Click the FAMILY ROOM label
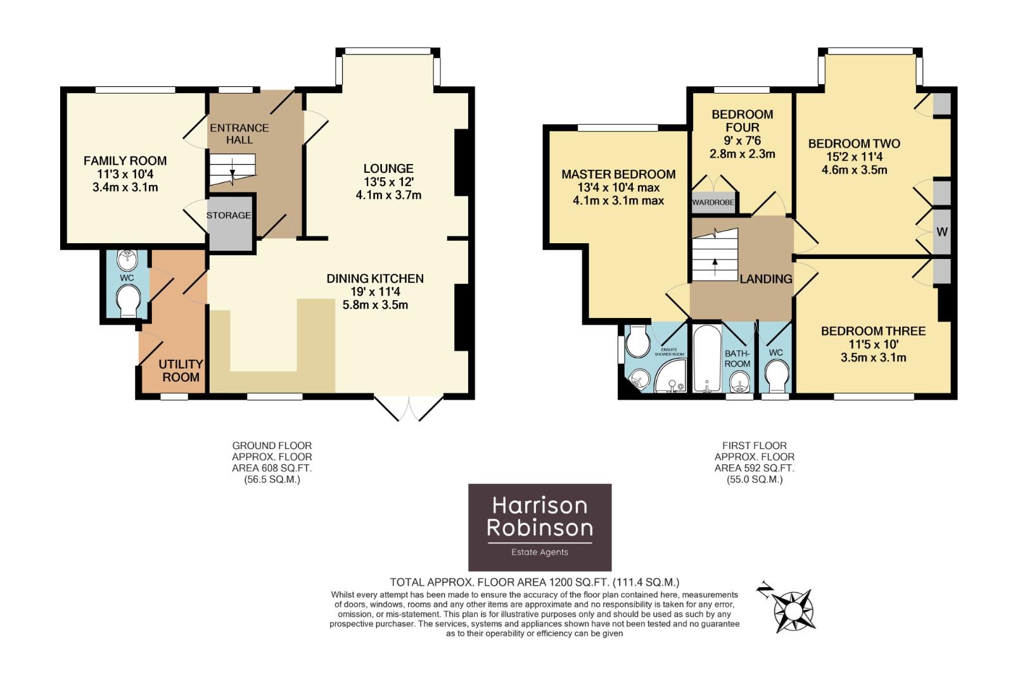tap(125, 161)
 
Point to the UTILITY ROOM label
tap(181, 370)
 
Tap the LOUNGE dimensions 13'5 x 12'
tap(388, 182)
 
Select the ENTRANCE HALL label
tap(239, 134)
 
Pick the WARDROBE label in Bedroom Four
tap(713, 203)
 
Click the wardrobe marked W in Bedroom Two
tap(942, 232)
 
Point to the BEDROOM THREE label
tap(873, 331)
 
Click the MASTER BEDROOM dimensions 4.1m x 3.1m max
tap(618, 201)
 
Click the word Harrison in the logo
tap(540, 505)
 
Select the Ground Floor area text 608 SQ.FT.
tap(272, 468)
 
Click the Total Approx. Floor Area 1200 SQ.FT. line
tap(535, 582)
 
